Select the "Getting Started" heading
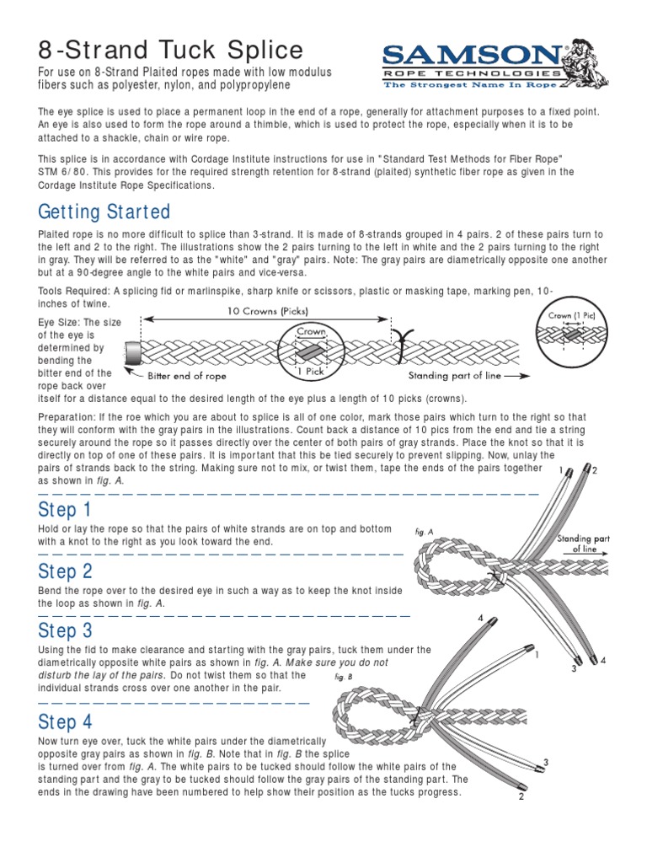(x=104, y=211)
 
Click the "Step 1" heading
(x=65, y=510)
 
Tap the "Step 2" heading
(x=66, y=571)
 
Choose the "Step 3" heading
(x=66, y=630)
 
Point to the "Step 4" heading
(x=66, y=721)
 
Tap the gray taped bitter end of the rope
(x=132, y=355)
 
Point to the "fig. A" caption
(x=424, y=532)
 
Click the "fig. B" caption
(x=343, y=676)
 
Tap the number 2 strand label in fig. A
(x=593, y=470)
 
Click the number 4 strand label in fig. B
(x=481, y=619)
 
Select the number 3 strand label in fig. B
(x=546, y=763)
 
